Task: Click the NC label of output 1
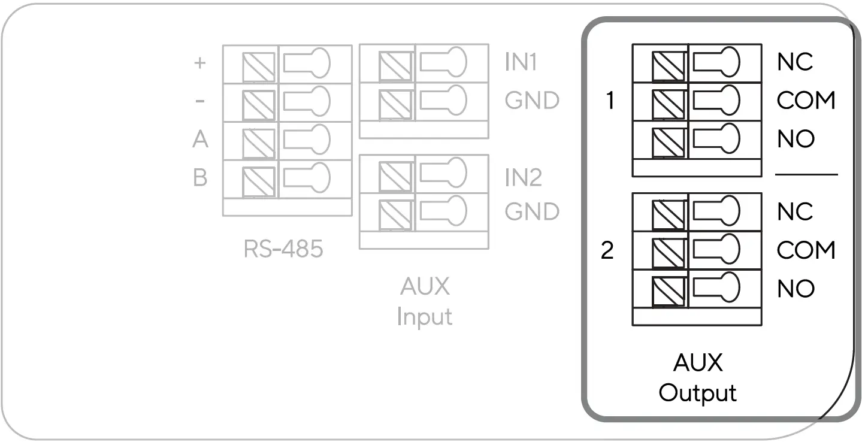click(795, 62)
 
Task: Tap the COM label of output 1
click(806, 100)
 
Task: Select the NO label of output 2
click(796, 289)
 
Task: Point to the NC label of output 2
click(795, 211)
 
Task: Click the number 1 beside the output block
click(610, 101)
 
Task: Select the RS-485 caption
click(283, 249)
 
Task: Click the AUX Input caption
click(425, 301)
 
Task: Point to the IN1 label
click(521, 62)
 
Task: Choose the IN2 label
click(523, 178)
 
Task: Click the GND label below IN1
click(532, 100)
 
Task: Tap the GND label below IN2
click(532, 211)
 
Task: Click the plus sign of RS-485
click(201, 62)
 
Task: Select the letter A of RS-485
click(200, 140)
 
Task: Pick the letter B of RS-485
click(200, 178)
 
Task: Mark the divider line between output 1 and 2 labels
click(806, 175)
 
